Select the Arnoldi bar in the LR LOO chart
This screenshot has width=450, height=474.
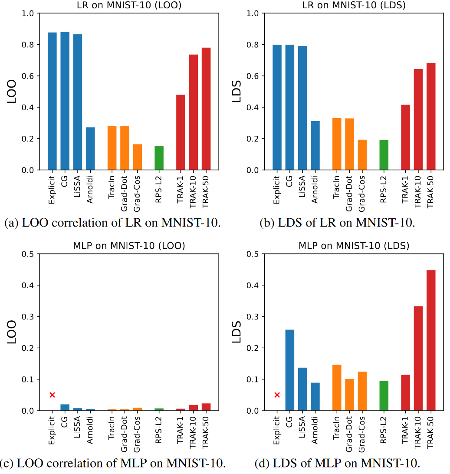(90, 148)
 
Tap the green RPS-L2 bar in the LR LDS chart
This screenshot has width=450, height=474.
(384, 155)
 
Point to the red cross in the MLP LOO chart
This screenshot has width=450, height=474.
(52, 395)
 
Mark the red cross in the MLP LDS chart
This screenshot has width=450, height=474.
(277, 395)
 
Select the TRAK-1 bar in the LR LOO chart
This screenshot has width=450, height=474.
(181, 132)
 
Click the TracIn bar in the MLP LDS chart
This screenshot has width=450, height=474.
(337, 388)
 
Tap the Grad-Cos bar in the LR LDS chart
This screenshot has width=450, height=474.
(362, 155)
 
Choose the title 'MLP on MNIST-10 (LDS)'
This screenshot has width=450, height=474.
(354, 246)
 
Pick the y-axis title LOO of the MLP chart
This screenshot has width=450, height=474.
(13, 332)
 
